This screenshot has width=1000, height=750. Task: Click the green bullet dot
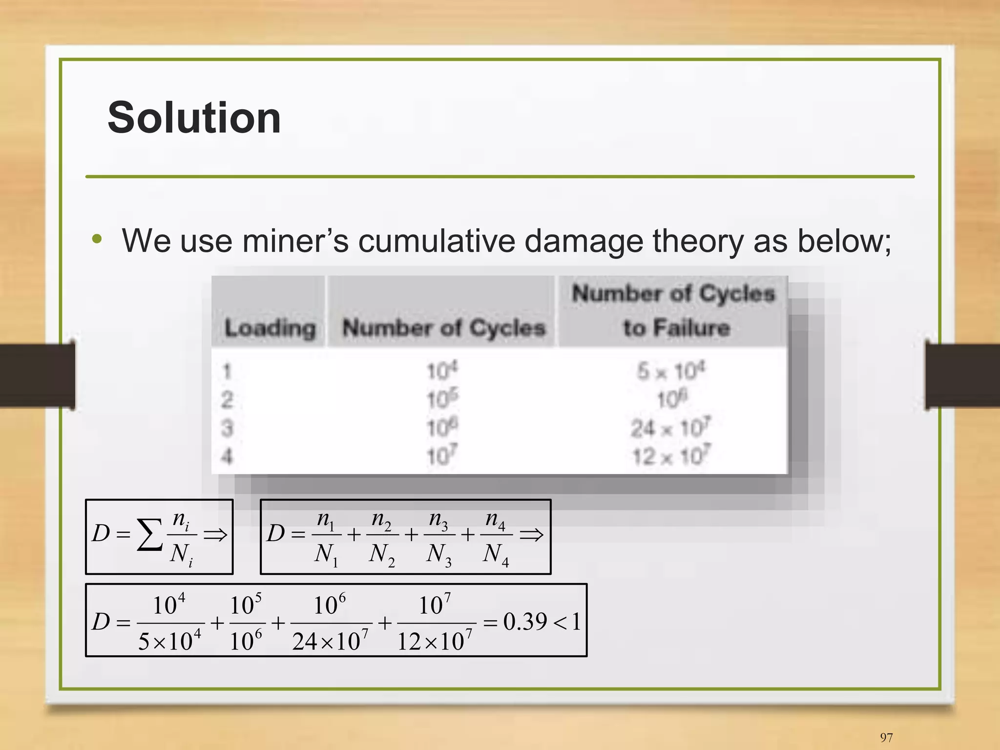[x=97, y=239]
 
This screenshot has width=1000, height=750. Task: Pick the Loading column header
[x=270, y=327]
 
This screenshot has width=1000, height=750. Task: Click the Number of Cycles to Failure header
[x=674, y=310]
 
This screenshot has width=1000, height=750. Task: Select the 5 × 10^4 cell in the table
[x=671, y=371]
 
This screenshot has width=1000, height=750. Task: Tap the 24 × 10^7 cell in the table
[x=671, y=428]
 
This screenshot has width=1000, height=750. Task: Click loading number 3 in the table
[x=227, y=428]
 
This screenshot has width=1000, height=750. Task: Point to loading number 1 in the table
[x=227, y=371]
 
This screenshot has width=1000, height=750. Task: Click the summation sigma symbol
[x=149, y=535]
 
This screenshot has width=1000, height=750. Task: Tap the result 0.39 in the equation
[x=524, y=622]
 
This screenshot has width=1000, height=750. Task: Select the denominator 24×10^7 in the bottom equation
[x=330, y=641]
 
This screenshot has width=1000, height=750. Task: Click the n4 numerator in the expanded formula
[x=495, y=519]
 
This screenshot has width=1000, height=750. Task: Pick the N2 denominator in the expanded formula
[x=381, y=555]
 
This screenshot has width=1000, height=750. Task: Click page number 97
[x=886, y=737]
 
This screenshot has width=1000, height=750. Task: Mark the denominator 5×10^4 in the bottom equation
[x=169, y=641]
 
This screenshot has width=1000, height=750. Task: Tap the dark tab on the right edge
[x=962, y=375]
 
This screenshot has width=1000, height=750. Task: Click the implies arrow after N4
[x=532, y=535]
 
